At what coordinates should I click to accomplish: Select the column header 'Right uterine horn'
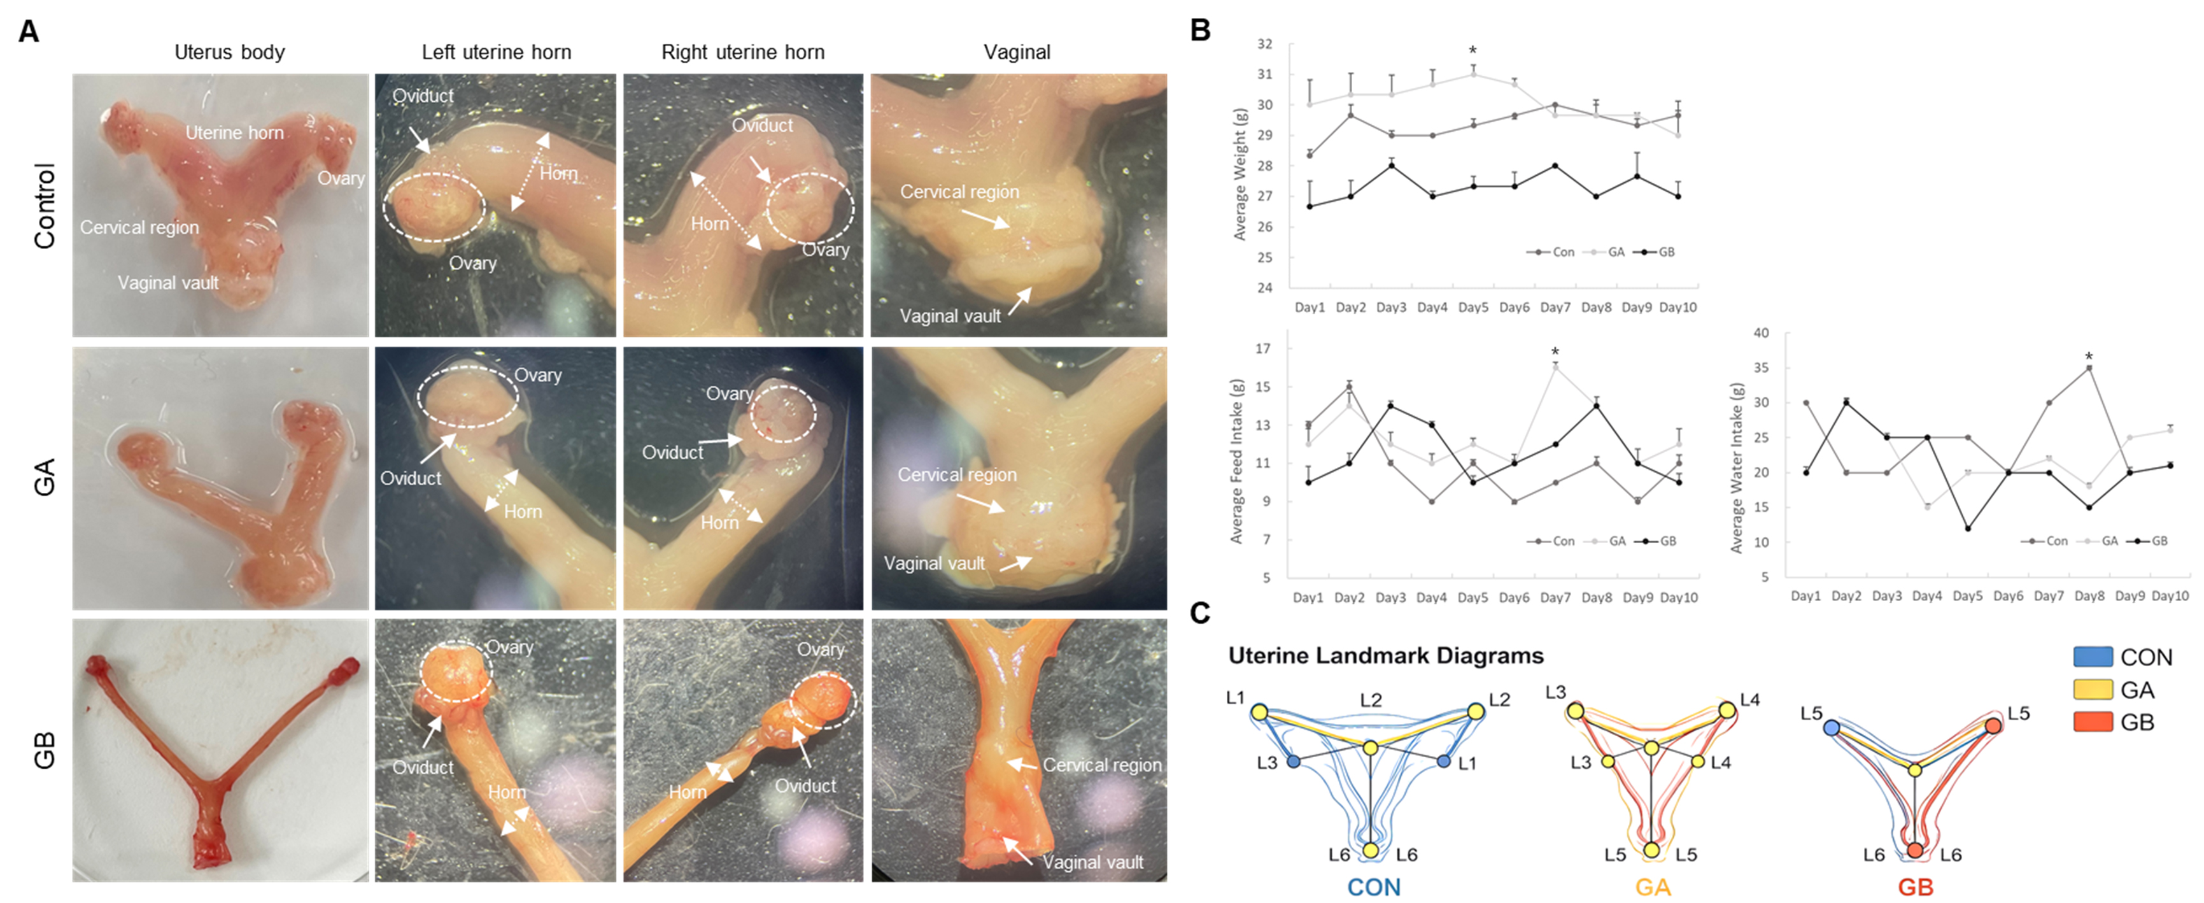pos(743,52)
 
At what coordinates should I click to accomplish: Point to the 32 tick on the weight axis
pos(1264,44)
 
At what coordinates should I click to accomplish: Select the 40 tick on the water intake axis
pos(1761,333)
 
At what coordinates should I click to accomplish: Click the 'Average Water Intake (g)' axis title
pos(1737,467)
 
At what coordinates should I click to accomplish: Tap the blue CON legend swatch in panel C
pos(2093,657)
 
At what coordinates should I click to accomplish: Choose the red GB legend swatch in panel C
pos(2093,722)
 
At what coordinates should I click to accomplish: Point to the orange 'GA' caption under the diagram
pos(1653,886)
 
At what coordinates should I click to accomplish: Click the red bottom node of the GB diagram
pos(1915,850)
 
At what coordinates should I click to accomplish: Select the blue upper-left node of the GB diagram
pos(1831,727)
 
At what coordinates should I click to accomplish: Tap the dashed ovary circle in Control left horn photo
pos(435,207)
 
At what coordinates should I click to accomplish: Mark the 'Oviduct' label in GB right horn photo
pos(805,786)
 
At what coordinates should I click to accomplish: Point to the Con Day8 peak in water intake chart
pos(2089,368)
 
